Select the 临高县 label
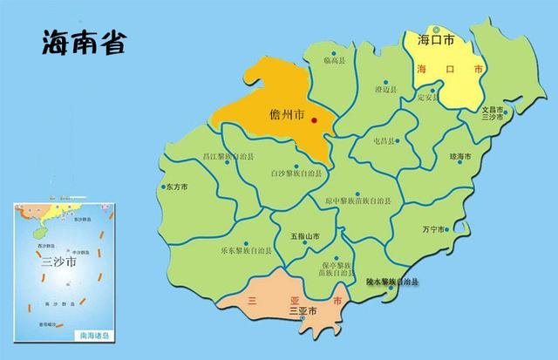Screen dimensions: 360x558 335,59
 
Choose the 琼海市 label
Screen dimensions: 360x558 460,156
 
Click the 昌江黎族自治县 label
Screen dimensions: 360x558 228,157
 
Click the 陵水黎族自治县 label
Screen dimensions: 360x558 391,282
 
